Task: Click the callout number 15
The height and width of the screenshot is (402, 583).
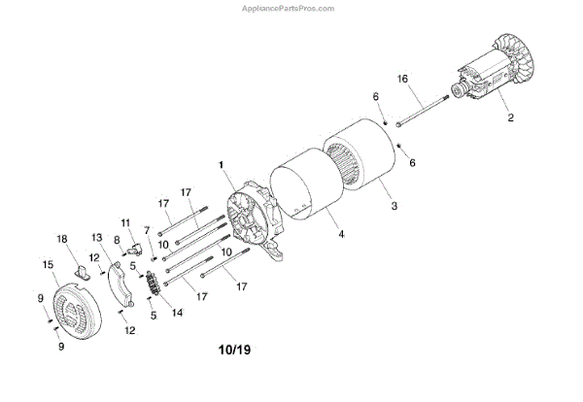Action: pyautogui.click(x=48, y=264)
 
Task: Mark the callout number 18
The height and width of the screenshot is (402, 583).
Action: pyautogui.click(x=61, y=238)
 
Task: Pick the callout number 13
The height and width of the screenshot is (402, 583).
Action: pyautogui.click(x=96, y=238)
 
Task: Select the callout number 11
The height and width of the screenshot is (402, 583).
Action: pyautogui.click(x=125, y=222)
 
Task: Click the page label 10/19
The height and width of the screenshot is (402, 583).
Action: pyautogui.click(x=237, y=347)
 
